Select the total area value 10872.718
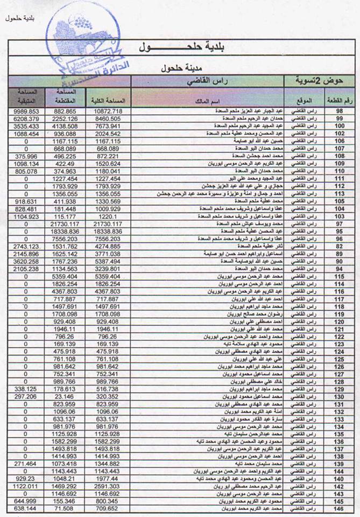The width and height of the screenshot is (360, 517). coord(109,110)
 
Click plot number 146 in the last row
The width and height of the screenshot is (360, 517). coord(340,508)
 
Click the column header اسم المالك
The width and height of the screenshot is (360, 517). coord(208,101)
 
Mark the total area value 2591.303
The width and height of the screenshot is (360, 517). coord(109,486)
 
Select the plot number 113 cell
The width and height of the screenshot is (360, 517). coord(340,194)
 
